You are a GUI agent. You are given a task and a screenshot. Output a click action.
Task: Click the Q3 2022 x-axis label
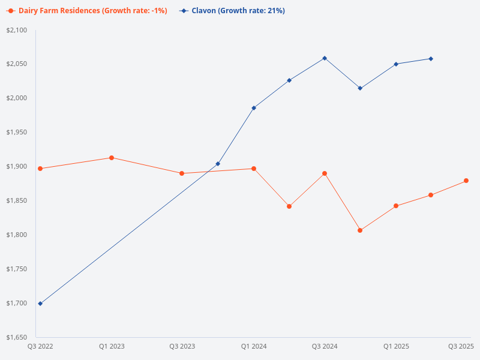pos(40,346)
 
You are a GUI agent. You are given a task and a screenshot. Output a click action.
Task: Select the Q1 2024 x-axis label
pos(254,346)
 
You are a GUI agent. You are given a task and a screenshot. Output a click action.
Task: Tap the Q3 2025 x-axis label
pos(461,346)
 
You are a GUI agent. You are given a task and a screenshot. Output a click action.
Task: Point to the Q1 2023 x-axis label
pos(112,346)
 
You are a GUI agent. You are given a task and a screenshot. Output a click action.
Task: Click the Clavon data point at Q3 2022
pos(40,304)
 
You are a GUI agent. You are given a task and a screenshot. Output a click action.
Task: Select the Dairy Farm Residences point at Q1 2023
pos(112,158)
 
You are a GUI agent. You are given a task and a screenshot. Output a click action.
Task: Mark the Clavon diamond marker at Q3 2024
pos(325,58)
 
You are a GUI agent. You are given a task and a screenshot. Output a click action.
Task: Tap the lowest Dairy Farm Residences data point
pos(360,230)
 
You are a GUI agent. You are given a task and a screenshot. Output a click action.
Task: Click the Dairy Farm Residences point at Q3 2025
pos(466,181)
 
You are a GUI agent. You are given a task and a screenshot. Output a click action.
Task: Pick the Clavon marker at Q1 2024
pos(254,108)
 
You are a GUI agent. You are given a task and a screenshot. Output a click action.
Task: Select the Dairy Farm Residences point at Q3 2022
pos(40,169)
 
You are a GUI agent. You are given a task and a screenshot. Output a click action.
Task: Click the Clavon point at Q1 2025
pos(396,64)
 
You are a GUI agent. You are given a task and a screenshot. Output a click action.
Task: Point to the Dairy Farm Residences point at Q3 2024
pos(325,173)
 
